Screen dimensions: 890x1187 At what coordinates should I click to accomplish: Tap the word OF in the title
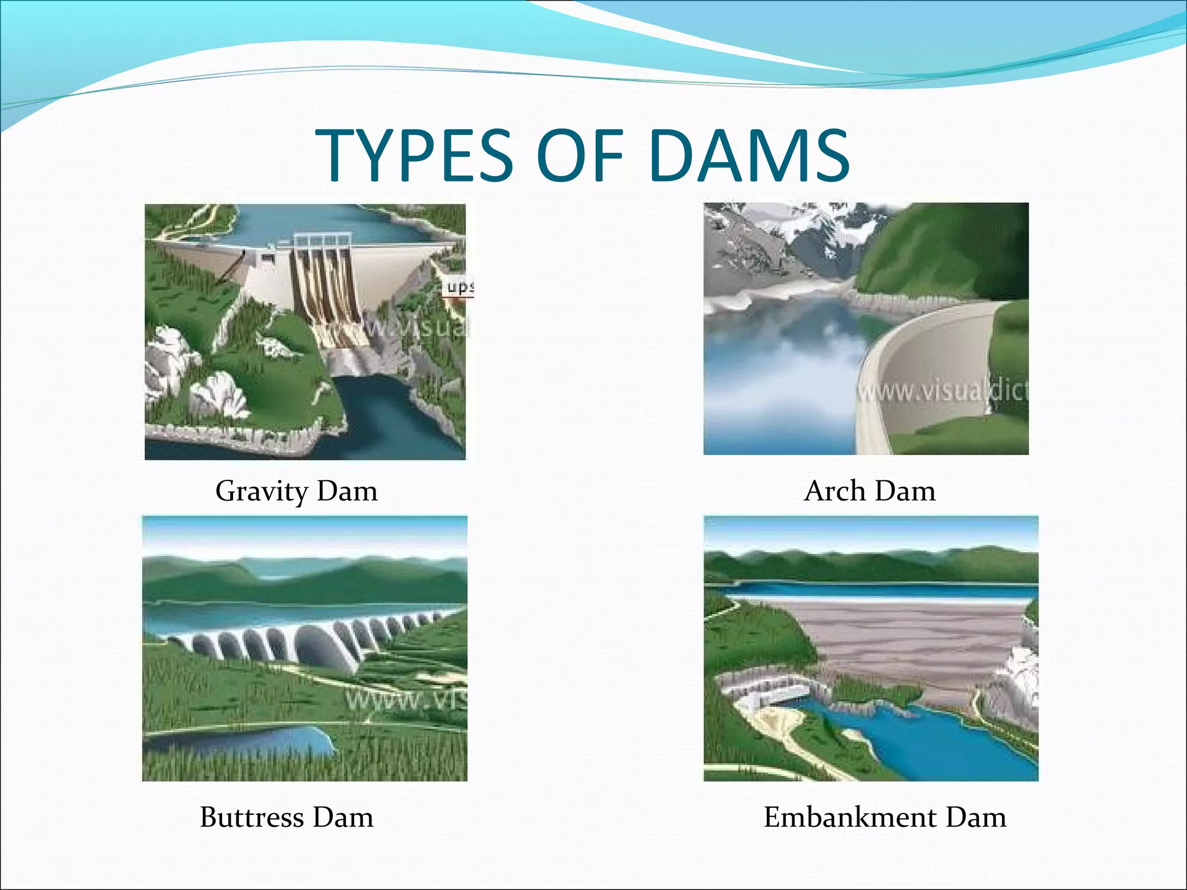point(580,155)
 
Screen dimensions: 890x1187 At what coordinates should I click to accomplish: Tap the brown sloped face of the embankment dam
point(904,643)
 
